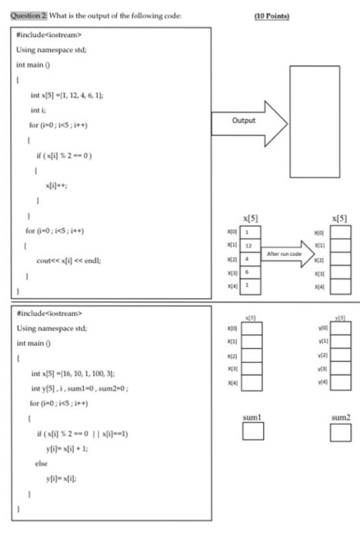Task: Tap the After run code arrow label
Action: tap(283, 251)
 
